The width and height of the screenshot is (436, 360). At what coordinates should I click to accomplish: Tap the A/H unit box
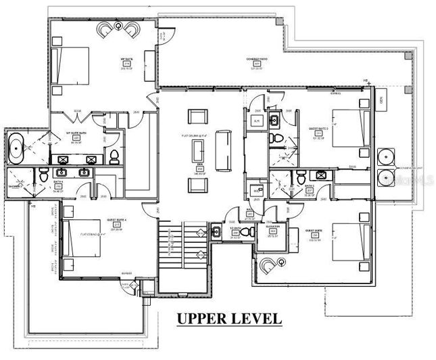pyautogui.click(x=256, y=120)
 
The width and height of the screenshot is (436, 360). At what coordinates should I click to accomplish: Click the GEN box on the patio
pyautogui.click(x=382, y=100)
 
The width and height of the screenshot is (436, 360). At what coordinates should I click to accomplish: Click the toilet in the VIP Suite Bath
pyautogui.click(x=114, y=156)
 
